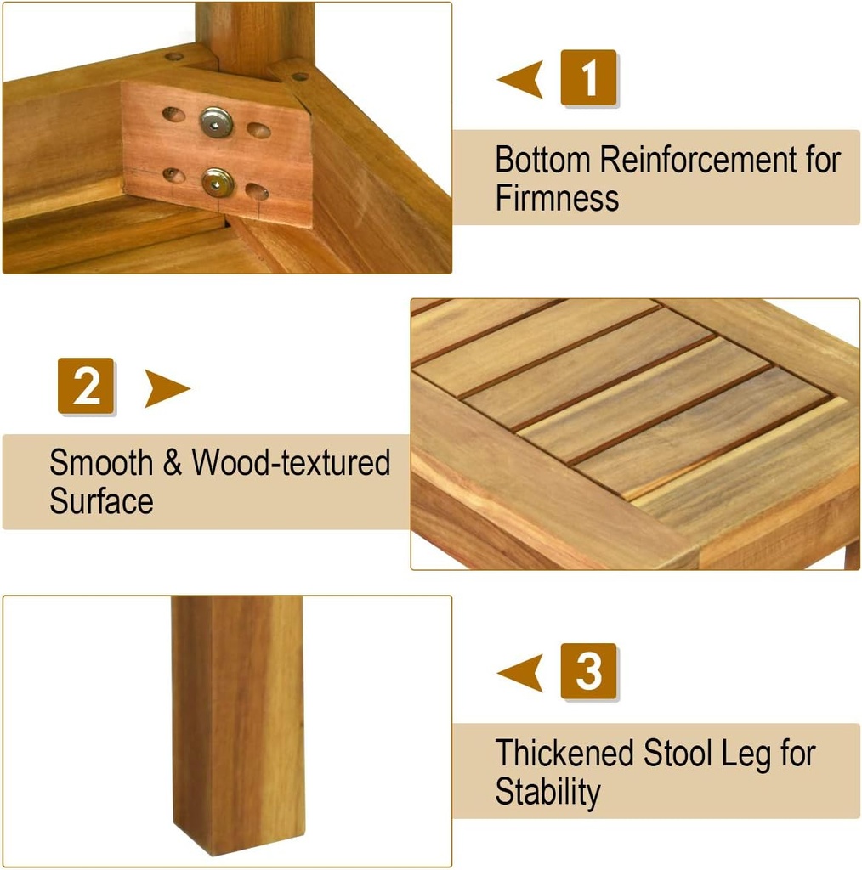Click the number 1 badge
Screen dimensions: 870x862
coord(588,78)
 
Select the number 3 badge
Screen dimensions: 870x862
coord(588,671)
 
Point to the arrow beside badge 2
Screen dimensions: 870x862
coord(167,388)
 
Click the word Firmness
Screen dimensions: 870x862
coord(557,199)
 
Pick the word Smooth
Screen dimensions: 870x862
coord(100,463)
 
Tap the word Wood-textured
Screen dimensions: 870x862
coord(291,463)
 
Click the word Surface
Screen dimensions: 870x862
coord(101,501)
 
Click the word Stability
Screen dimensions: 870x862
coord(547,792)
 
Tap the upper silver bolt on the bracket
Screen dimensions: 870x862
coord(216,122)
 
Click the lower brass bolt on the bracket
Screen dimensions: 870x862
coord(216,181)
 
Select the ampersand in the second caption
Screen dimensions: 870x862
coord(172,464)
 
